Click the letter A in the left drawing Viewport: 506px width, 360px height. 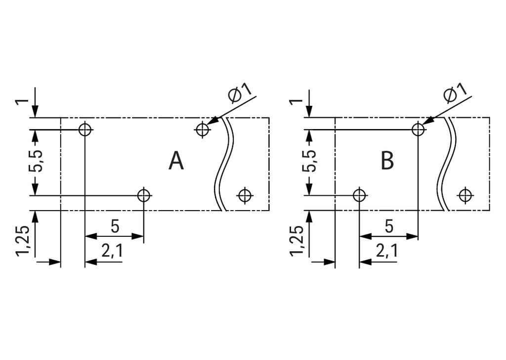[x=176, y=161]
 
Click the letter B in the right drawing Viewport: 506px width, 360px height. [x=387, y=161]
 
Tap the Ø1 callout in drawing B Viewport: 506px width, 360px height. [x=455, y=93]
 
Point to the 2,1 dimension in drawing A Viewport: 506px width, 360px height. [x=112, y=252]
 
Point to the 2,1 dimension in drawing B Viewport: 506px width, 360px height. [x=386, y=252]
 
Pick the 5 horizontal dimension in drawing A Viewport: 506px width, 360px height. [x=115, y=226]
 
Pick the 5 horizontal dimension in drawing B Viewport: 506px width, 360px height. [x=389, y=226]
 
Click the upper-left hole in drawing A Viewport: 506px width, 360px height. [x=85, y=130]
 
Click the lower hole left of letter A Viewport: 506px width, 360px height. [x=144, y=195]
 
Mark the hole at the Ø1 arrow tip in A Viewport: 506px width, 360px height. [x=202, y=130]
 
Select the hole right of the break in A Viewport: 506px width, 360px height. [x=245, y=195]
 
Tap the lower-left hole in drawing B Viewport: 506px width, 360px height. [x=359, y=195]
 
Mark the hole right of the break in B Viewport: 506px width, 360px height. [x=464, y=195]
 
